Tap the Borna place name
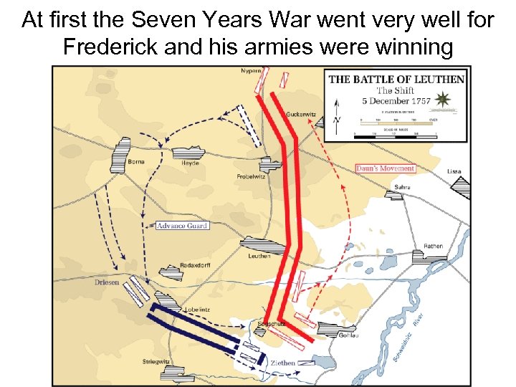[136, 162]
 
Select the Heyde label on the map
[190, 163]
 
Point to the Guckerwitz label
[301, 115]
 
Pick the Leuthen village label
[259, 256]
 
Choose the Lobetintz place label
[196, 310]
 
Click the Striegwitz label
[156, 361]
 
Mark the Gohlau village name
[348, 335]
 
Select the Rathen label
[433, 246]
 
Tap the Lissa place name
[454, 172]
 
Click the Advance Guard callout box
[182, 226]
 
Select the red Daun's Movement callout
[385, 169]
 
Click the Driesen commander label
[107, 282]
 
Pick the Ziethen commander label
[282, 363]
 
